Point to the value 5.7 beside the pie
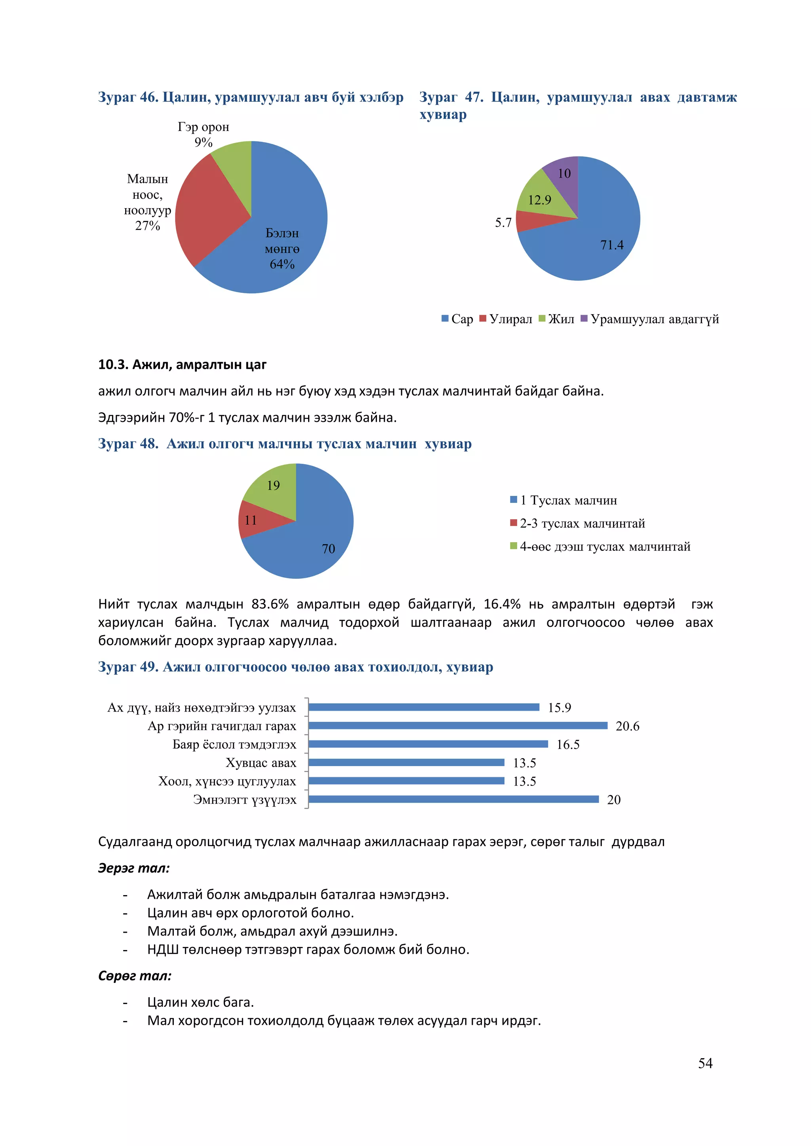(503, 223)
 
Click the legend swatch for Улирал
(483, 319)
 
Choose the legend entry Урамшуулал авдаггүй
(654, 319)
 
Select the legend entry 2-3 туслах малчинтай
(582, 524)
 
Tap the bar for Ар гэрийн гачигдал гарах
(457, 726)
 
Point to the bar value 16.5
(568, 745)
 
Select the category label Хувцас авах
(261, 763)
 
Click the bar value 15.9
(559, 708)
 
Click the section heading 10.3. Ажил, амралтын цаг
(182, 365)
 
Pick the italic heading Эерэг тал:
(134, 868)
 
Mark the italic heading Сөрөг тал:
(135, 975)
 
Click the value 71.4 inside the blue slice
(612, 245)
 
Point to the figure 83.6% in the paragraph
(270, 604)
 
